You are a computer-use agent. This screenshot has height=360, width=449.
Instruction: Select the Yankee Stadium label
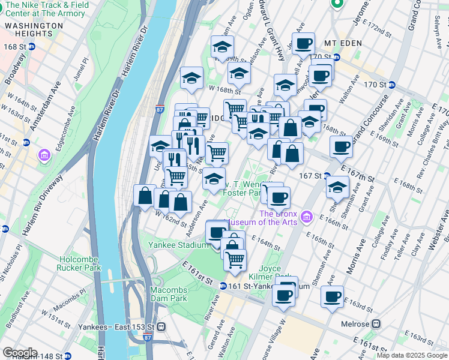pyautogui.click(x=178, y=245)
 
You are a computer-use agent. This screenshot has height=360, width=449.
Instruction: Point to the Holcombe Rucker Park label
pyautogui.click(x=80, y=263)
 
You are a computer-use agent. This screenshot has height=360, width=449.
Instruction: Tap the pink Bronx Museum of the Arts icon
pyautogui.click(x=307, y=215)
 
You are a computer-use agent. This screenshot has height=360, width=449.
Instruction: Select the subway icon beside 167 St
pyautogui.click(x=328, y=176)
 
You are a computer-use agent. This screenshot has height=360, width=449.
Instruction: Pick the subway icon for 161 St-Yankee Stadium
pyautogui.click(x=223, y=286)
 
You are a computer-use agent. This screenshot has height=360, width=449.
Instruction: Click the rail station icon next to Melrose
pyautogui.click(x=376, y=323)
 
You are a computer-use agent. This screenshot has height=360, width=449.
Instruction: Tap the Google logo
pyautogui.click(x=20, y=353)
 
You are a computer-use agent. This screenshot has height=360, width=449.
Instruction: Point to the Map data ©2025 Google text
pyautogui.click(x=412, y=355)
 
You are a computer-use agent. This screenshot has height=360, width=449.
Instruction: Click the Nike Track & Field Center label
pyautogui.click(x=50, y=9)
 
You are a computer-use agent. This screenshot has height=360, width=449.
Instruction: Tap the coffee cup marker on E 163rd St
pyautogui.click(x=332, y=296)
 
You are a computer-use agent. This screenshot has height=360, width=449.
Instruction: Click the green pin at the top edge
pyautogui.click(x=337, y=3)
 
